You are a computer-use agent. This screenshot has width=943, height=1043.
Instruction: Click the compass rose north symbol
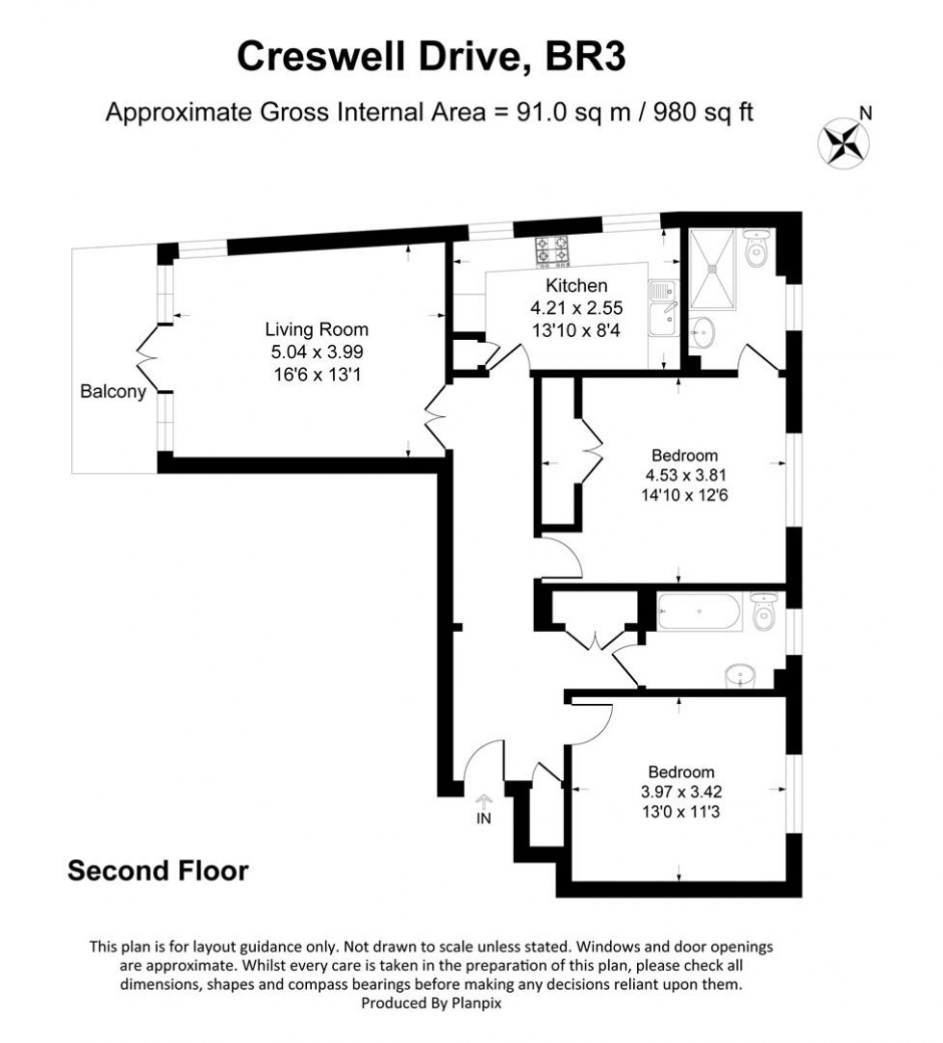pyautogui.click(x=844, y=142)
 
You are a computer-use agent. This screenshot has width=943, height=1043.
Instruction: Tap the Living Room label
pyautogui.click(x=317, y=330)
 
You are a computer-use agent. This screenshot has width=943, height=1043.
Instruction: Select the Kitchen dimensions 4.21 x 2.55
pyautogui.click(x=576, y=308)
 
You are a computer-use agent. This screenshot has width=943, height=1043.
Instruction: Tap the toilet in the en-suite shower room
pyautogui.click(x=758, y=249)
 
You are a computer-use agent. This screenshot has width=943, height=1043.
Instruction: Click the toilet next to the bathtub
pyautogui.click(x=764, y=612)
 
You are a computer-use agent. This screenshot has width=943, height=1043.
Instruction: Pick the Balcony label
pyautogui.click(x=113, y=392)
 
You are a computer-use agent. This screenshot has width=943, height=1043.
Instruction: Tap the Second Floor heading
pyautogui.click(x=158, y=871)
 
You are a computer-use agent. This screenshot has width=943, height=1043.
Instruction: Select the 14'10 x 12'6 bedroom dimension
pyautogui.click(x=684, y=497)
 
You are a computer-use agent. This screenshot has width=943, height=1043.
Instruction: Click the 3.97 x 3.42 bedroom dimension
pyautogui.click(x=681, y=793)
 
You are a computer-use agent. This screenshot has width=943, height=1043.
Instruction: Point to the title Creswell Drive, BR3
pyautogui.click(x=431, y=57)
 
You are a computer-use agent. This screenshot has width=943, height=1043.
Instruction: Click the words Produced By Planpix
pyautogui.click(x=430, y=1003)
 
